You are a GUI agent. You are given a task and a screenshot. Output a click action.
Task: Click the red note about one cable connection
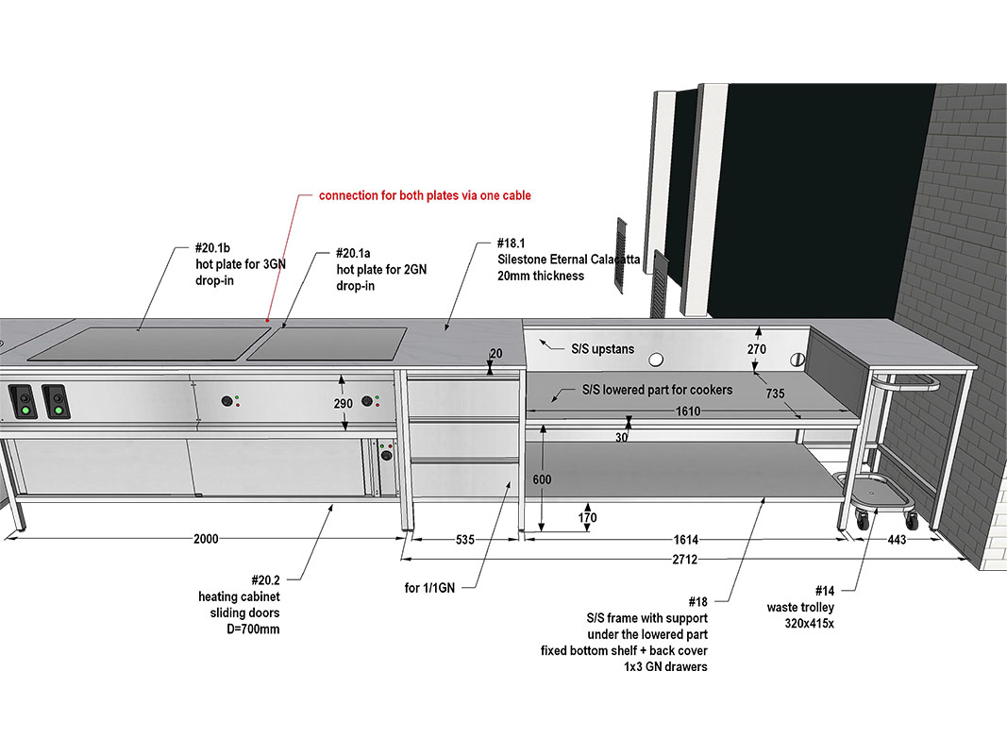point(425,195)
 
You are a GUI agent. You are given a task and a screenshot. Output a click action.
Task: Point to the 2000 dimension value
point(206,539)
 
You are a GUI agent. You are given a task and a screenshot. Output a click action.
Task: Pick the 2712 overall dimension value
point(685,560)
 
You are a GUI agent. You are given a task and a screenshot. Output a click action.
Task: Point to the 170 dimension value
point(586,517)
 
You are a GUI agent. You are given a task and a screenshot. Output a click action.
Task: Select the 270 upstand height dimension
point(757,348)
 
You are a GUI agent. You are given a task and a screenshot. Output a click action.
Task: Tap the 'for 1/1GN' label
point(429,588)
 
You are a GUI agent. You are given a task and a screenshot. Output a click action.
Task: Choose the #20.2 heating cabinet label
point(239,604)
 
